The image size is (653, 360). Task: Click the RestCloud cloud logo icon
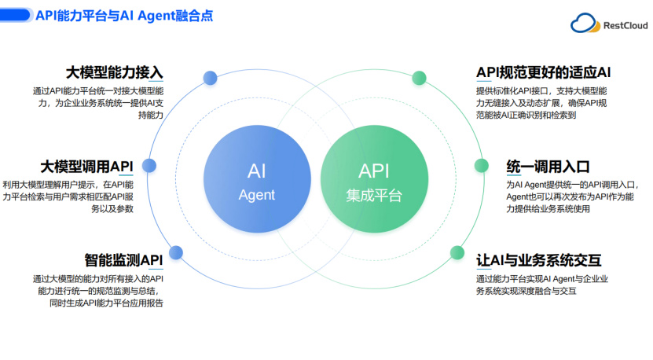pos(585,24)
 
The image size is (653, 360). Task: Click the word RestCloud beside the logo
pos(625,25)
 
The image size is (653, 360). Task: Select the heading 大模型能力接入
pos(115,72)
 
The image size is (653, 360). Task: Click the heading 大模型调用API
pos(86,166)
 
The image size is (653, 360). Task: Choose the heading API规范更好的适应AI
pos(544,72)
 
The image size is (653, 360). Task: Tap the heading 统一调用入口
pos(548,166)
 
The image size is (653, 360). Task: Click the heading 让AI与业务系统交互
pos(539,259)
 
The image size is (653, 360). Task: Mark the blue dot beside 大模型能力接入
pos(210,77)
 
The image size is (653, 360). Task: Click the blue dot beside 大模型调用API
pos(149,166)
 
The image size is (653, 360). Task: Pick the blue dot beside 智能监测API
pos(176,252)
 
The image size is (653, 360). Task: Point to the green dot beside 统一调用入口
pos(480,166)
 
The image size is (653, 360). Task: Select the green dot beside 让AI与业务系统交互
pos(456,252)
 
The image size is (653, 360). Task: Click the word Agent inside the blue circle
pos(256,194)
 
